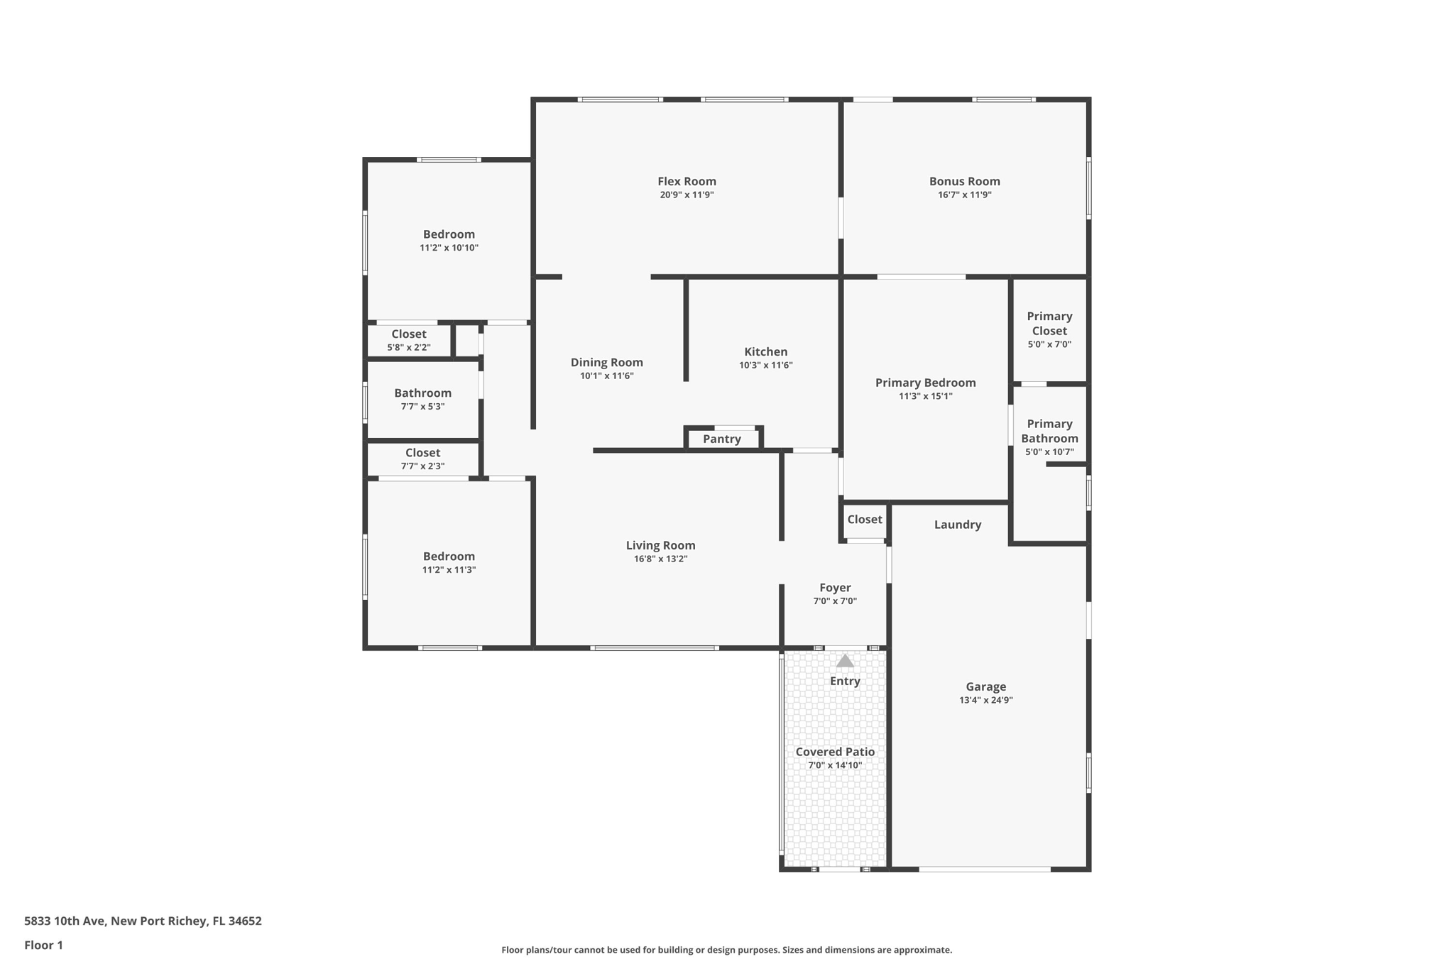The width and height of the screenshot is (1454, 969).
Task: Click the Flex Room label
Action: click(687, 181)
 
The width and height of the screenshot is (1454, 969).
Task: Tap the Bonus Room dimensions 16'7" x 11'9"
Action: click(964, 195)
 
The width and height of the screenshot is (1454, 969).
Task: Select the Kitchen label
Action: click(765, 351)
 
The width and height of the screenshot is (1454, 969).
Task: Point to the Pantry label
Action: click(721, 439)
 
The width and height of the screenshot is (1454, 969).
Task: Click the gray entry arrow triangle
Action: click(844, 661)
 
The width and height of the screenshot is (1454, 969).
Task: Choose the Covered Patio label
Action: click(835, 752)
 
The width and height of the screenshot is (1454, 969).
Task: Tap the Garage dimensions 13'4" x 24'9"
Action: click(985, 700)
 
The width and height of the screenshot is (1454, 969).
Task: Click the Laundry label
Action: click(957, 525)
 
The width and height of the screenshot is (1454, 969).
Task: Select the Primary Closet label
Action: click(1049, 323)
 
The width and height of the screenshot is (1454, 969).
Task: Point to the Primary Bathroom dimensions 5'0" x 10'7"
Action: click(1049, 451)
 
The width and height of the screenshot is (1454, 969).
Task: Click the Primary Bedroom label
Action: click(925, 383)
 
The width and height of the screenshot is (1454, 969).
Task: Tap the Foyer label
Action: click(835, 588)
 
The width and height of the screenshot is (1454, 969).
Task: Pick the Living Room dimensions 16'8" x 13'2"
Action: click(660, 559)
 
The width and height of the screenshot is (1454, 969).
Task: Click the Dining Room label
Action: click(606, 362)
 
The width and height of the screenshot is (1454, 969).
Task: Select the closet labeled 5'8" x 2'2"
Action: click(409, 340)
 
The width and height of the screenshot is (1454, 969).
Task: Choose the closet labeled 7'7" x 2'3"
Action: click(422, 459)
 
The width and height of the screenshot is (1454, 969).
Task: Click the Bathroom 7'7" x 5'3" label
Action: click(422, 393)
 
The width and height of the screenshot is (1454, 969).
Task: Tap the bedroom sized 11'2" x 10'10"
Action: click(449, 240)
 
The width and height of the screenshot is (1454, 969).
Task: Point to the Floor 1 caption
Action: click(43, 945)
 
